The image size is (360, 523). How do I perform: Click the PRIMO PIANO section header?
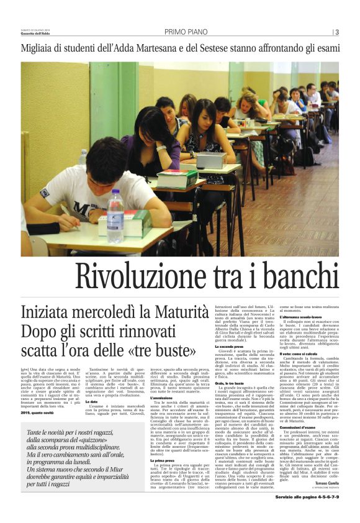184,32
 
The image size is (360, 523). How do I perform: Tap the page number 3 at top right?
336,32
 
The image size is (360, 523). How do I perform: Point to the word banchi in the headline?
297,276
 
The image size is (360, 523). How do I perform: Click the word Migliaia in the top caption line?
39,49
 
